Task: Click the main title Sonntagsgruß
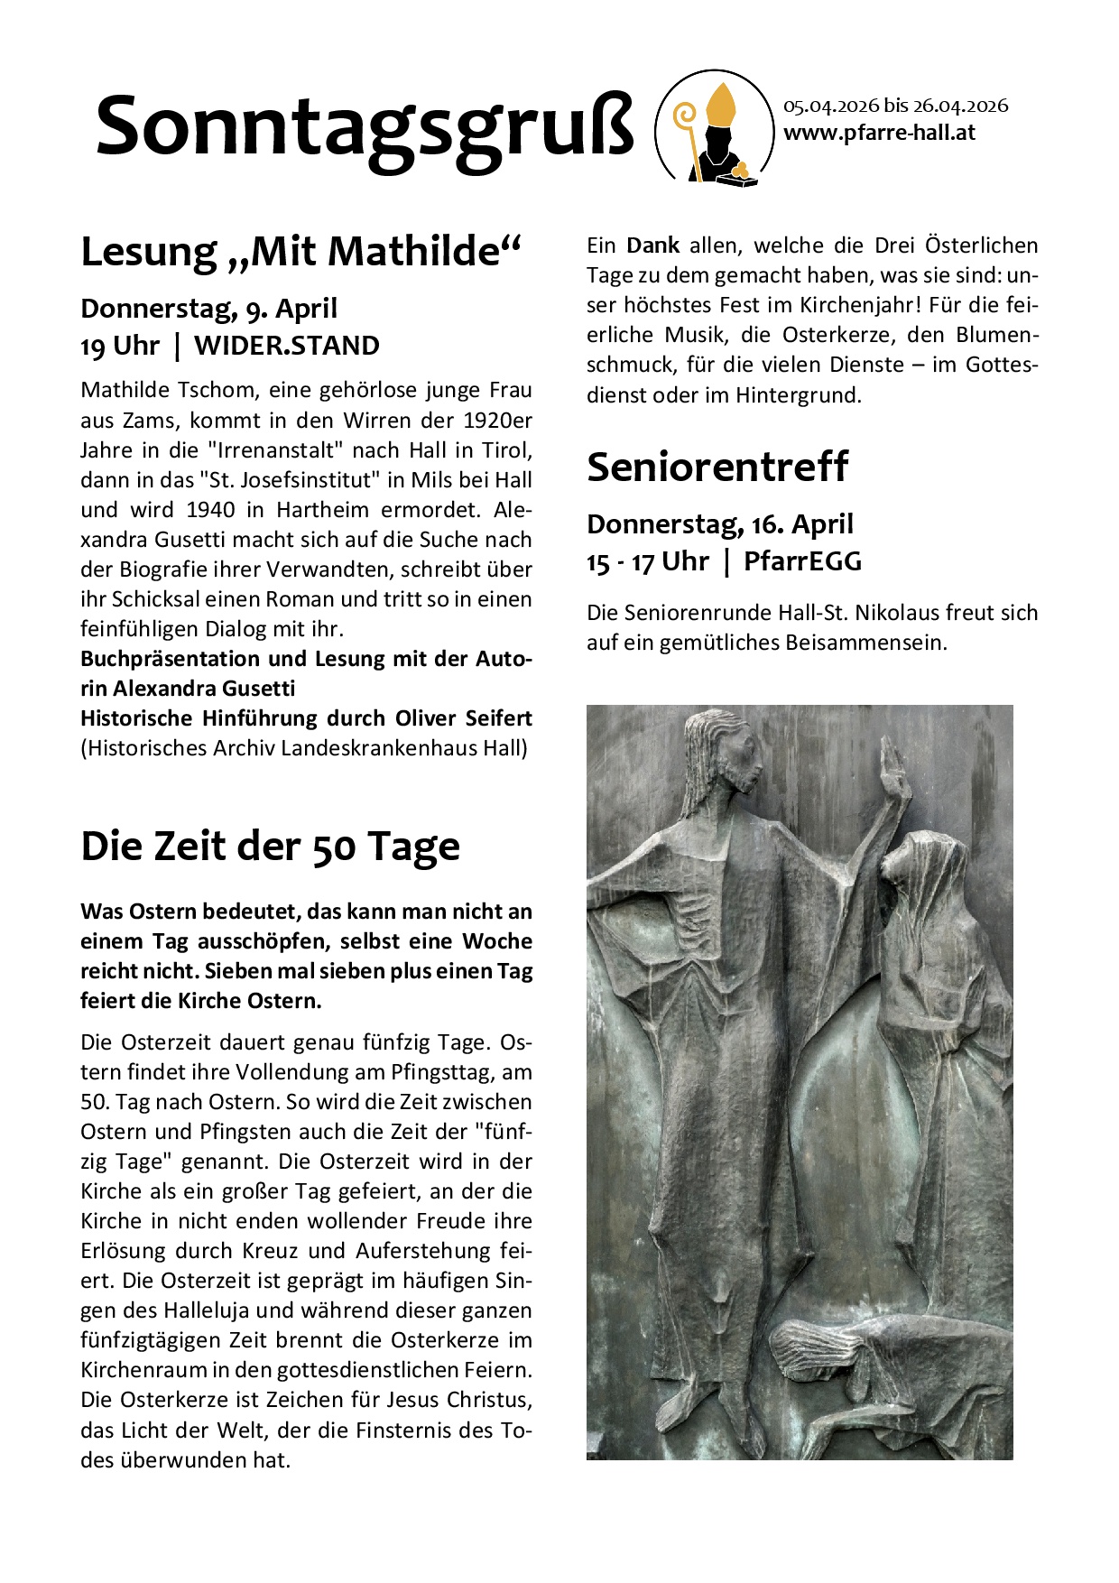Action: (365, 128)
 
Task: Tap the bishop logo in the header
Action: (712, 128)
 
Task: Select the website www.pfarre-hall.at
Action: (879, 134)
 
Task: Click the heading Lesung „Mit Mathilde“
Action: (301, 251)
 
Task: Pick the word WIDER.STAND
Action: (286, 346)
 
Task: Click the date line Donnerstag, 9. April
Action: (208, 309)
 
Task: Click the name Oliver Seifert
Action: (463, 717)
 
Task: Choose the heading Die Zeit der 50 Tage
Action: (270, 846)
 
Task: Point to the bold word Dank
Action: (652, 245)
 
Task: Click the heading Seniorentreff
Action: (717, 467)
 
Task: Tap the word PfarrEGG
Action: (802, 561)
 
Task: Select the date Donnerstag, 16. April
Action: (719, 524)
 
